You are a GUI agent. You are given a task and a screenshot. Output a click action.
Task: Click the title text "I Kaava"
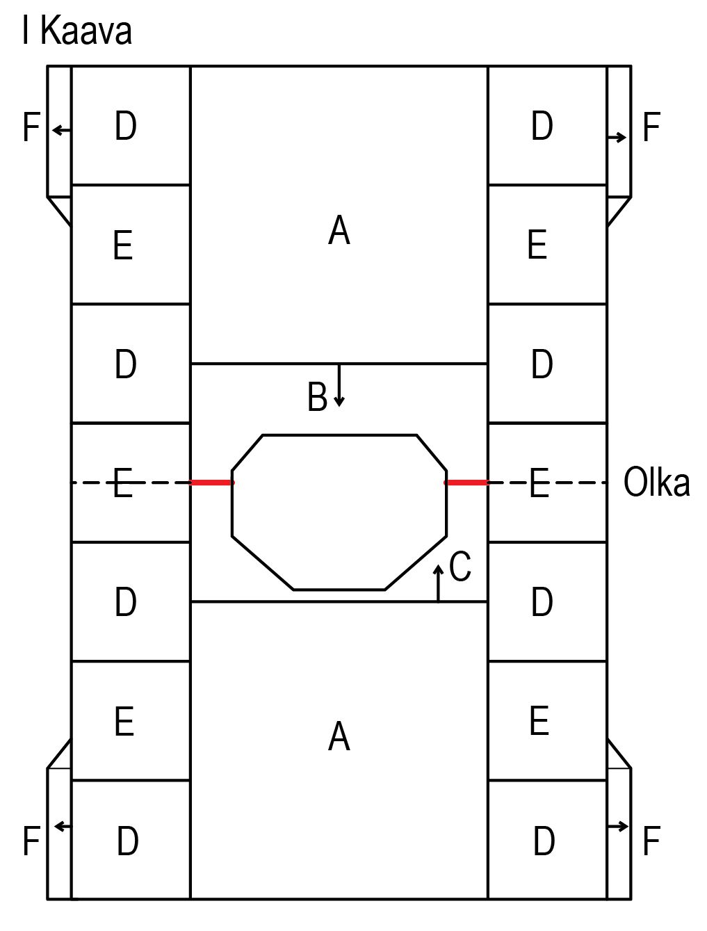click(76, 31)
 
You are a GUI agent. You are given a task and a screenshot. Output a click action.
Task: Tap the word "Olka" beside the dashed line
click(656, 482)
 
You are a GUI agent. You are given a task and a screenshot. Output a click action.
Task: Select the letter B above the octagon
click(317, 398)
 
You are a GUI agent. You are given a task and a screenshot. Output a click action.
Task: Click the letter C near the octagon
click(460, 566)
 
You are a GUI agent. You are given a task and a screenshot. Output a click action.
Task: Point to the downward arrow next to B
click(339, 386)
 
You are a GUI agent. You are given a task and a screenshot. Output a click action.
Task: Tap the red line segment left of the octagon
click(212, 482)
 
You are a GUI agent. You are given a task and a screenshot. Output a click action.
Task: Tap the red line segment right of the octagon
click(466, 482)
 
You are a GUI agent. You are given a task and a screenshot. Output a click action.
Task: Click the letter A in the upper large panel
click(339, 230)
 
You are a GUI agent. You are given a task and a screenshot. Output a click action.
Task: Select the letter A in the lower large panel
click(339, 736)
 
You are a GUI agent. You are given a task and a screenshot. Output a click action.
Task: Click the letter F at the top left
click(31, 127)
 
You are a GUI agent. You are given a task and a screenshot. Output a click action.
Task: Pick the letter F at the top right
click(650, 127)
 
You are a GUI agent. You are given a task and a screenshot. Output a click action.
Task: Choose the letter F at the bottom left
click(31, 841)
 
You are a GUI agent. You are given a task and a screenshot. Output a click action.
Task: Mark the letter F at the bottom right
click(650, 841)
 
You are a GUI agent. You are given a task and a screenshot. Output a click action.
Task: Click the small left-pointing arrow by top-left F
click(61, 129)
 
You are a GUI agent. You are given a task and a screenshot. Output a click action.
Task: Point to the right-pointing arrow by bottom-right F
click(618, 826)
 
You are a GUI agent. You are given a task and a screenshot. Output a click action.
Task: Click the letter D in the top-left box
click(126, 126)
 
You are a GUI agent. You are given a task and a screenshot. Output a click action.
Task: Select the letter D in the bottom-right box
click(544, 841)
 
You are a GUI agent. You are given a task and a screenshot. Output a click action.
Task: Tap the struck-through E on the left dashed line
click(123, 483)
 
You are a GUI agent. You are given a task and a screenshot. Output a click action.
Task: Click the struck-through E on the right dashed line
click(539, 483)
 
